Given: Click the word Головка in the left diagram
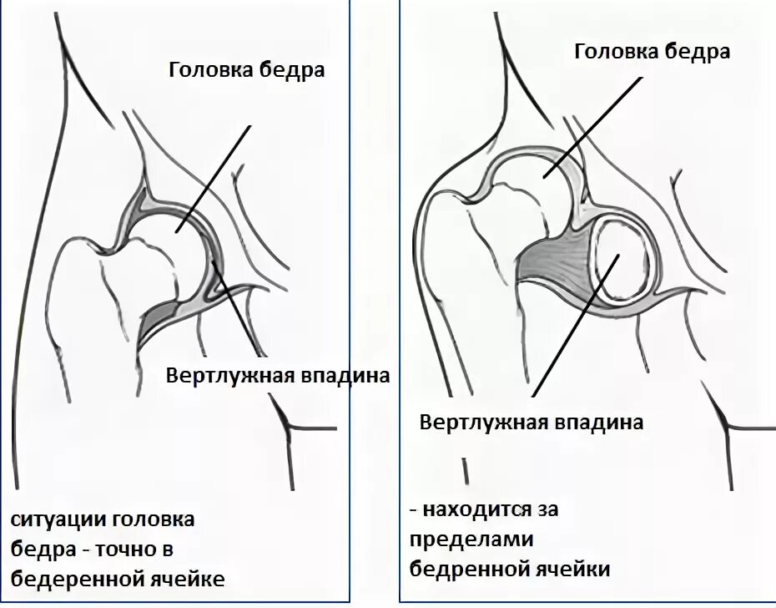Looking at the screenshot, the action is point(208,70).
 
